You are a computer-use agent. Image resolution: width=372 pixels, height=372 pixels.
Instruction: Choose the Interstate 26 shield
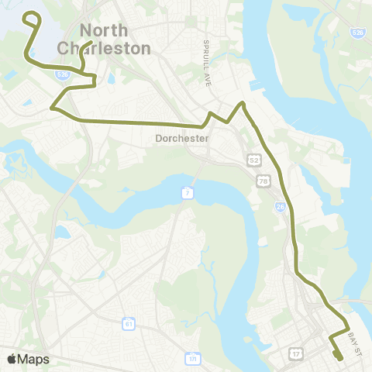click(279, 207)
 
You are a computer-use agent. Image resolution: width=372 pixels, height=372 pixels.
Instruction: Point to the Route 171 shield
click(191, 359)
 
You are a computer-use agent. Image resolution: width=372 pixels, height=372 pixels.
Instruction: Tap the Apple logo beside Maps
click(12, 359)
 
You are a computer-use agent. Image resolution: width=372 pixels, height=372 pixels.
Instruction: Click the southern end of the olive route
click(340, 357)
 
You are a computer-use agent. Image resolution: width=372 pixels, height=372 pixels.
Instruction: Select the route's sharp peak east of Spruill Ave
click(243, 103)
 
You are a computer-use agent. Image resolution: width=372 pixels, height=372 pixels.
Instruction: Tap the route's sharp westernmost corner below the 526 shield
click(52, 108)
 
